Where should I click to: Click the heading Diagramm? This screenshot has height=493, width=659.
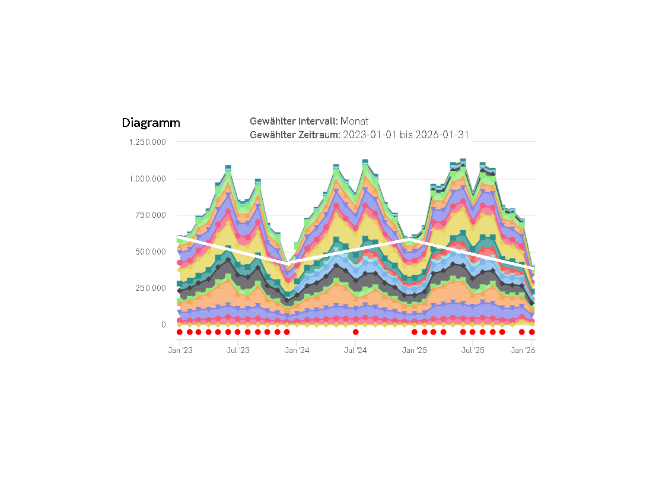pyautogui.click(x=151, y=123)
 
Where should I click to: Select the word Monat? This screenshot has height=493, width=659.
pyautogui.click(x=354, y=121)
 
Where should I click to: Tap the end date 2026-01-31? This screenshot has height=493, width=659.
pyautogui.click(x=442, y=135)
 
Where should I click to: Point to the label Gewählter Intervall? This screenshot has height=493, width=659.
pyautogui.click(x=294, y=121)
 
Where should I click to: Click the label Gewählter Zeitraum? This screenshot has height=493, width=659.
pyautogui.click(x=295, y=135)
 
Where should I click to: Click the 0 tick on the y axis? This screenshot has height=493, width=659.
pyautogui.click(x=163, y=325)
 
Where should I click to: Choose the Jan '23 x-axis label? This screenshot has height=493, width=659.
pyautogui.click(x=180, y=351)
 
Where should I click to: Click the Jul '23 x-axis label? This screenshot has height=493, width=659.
pyautogui.click(x=238, y=351)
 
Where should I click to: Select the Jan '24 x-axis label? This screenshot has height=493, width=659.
pyautogui.click(x=297, y=351)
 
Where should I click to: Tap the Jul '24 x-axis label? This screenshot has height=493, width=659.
pyautogui.click(x=355, y=351)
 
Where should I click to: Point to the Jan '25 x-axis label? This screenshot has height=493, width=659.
pyautogui.click(x=415, y=351)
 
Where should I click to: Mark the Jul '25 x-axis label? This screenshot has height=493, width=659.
pyautogui.click(x=473, y=351)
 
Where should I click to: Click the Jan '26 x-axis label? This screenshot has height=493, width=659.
pyautogui.click(x=523, y=351)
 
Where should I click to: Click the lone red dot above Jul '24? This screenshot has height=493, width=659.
pyautogui.click(x=355, y=332)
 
